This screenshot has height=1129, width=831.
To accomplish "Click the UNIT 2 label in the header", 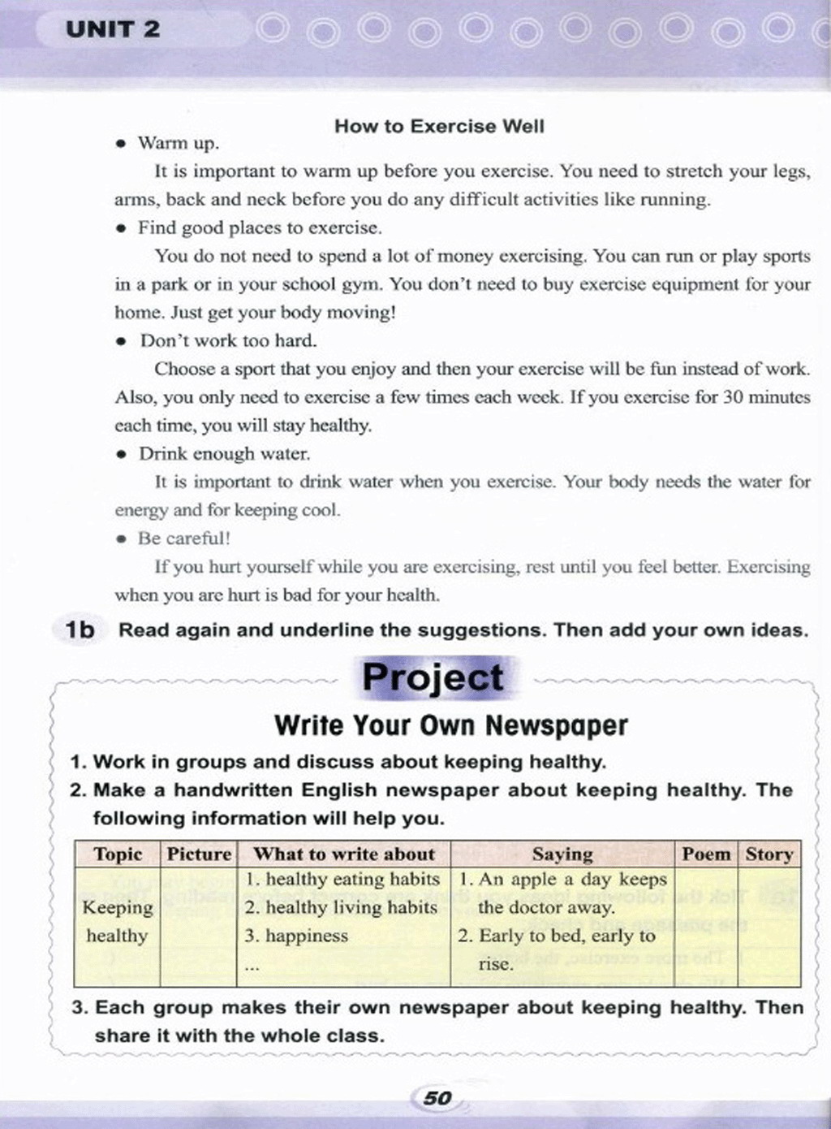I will [x=113, y=30].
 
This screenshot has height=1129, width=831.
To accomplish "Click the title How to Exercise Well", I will [x=439, y=126].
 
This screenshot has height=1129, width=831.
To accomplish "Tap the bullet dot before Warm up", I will [x=121, y=144].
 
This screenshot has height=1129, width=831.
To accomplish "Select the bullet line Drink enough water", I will [x=224, y=453].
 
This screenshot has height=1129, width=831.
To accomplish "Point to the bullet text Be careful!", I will [x=184, y=538].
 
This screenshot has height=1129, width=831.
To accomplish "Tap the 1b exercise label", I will [x=80, y=629].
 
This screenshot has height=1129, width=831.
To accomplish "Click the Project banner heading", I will [x=433, y=677].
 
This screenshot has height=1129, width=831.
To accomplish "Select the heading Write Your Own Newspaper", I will [x=451, y=725].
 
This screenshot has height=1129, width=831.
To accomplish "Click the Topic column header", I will [x=118, y=854].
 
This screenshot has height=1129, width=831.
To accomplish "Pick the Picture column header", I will [x=199, y=854].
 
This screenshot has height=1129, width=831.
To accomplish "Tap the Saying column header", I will [x=562, y=854].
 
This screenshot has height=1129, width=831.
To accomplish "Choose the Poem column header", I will [x=706, y=854].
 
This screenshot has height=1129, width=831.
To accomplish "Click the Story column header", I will [x=769, y=854].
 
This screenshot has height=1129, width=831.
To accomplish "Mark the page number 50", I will [x=437, y=1098].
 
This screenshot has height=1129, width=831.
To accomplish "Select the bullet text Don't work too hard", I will [x=229, y=340].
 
